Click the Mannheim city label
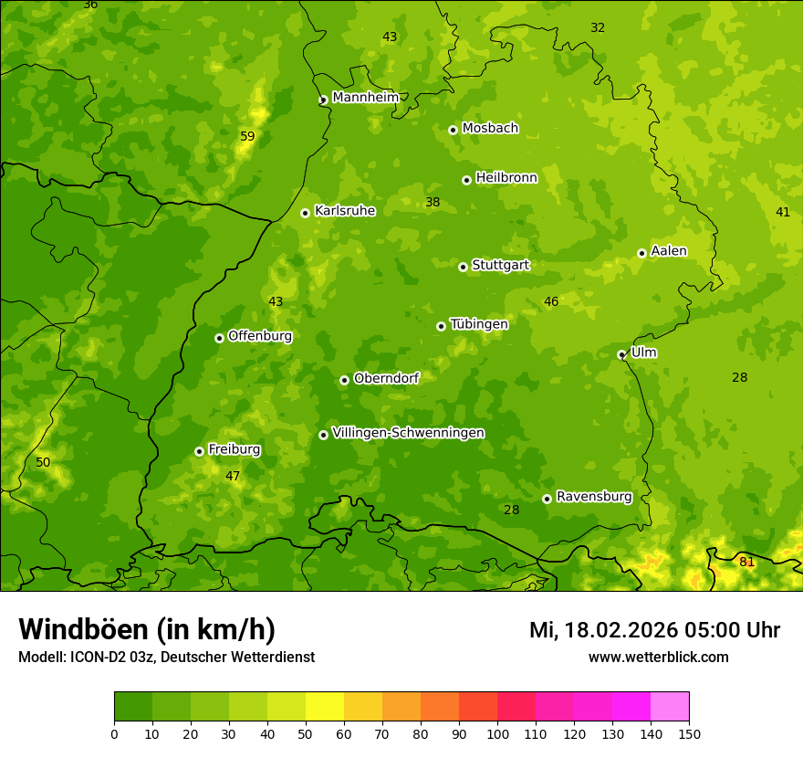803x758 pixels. pos(365,98)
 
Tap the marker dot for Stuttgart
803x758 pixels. pos(463,267)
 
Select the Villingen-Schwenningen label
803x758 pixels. pos(408,433)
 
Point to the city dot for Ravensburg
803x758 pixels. pos(547,499)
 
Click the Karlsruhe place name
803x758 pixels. pos(345,211)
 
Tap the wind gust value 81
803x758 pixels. pos(746,562)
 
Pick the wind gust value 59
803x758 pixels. pos(247,136)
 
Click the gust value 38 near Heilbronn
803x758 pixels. pos(433,202)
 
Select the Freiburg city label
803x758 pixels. pos(234,449)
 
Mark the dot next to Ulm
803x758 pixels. pos(621,354)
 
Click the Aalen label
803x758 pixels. pos(669,251)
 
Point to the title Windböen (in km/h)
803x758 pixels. pos(147,629)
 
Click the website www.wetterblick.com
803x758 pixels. pos(658,657)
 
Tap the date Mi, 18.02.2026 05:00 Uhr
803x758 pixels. pos(654,630)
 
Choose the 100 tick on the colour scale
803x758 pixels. pos(497,733)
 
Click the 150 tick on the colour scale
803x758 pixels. pos(689,733)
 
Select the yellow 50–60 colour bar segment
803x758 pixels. pos(325,707)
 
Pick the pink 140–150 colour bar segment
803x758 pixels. pos(670,707)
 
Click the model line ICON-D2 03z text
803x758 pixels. pos(166,657)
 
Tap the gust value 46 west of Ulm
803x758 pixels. pos(551,301)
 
